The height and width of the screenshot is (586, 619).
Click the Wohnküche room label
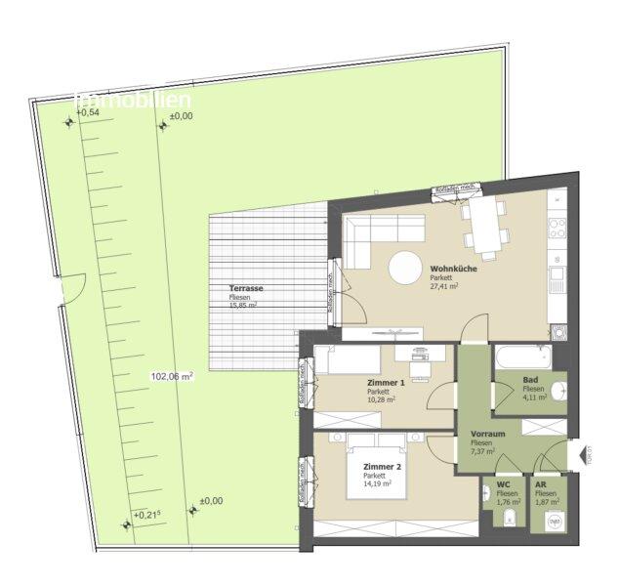click(x=452, y=269)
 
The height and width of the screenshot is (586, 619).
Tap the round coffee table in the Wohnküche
click(x=406, y=267)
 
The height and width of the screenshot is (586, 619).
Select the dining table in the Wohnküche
click(x=483, y=224)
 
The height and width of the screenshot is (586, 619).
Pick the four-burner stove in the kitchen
click(x=557, y=229)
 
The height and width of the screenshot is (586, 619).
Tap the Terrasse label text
click(x=246, y=289)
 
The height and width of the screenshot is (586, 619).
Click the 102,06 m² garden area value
click(x=172, y=376)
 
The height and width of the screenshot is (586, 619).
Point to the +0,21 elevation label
click(x=146, y=515)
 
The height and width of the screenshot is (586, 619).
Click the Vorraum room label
click(x=487, y=434)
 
